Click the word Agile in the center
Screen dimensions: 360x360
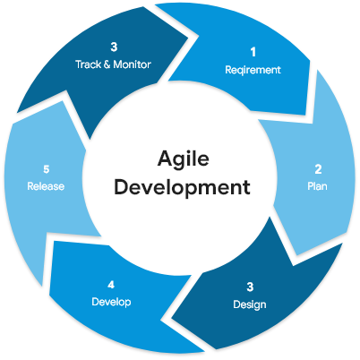[x=184, y=159]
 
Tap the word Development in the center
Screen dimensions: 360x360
[x=182, y=187]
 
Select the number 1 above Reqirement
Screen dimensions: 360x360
[x=253, y=52]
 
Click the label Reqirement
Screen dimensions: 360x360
[x=253, y=70]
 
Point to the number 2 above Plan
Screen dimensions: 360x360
[x=318, y=169]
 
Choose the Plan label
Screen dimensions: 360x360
[x=317, y=186]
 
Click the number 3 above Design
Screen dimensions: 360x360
[x=250, y=287]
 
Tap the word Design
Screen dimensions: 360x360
[x=250, y=304]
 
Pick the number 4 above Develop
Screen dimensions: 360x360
[x=111, y=285]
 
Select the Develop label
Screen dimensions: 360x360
[x=111, y=302]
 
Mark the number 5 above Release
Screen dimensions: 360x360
[x=46, y=169]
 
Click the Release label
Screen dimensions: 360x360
[x=46, y=186]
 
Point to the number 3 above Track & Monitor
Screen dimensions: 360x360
[x=114, y=47]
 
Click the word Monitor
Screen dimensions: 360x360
[x=133, y=64]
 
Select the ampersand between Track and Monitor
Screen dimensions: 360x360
[x=107, y=64]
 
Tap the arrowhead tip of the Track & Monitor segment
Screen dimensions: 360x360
[x=189, y=38]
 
